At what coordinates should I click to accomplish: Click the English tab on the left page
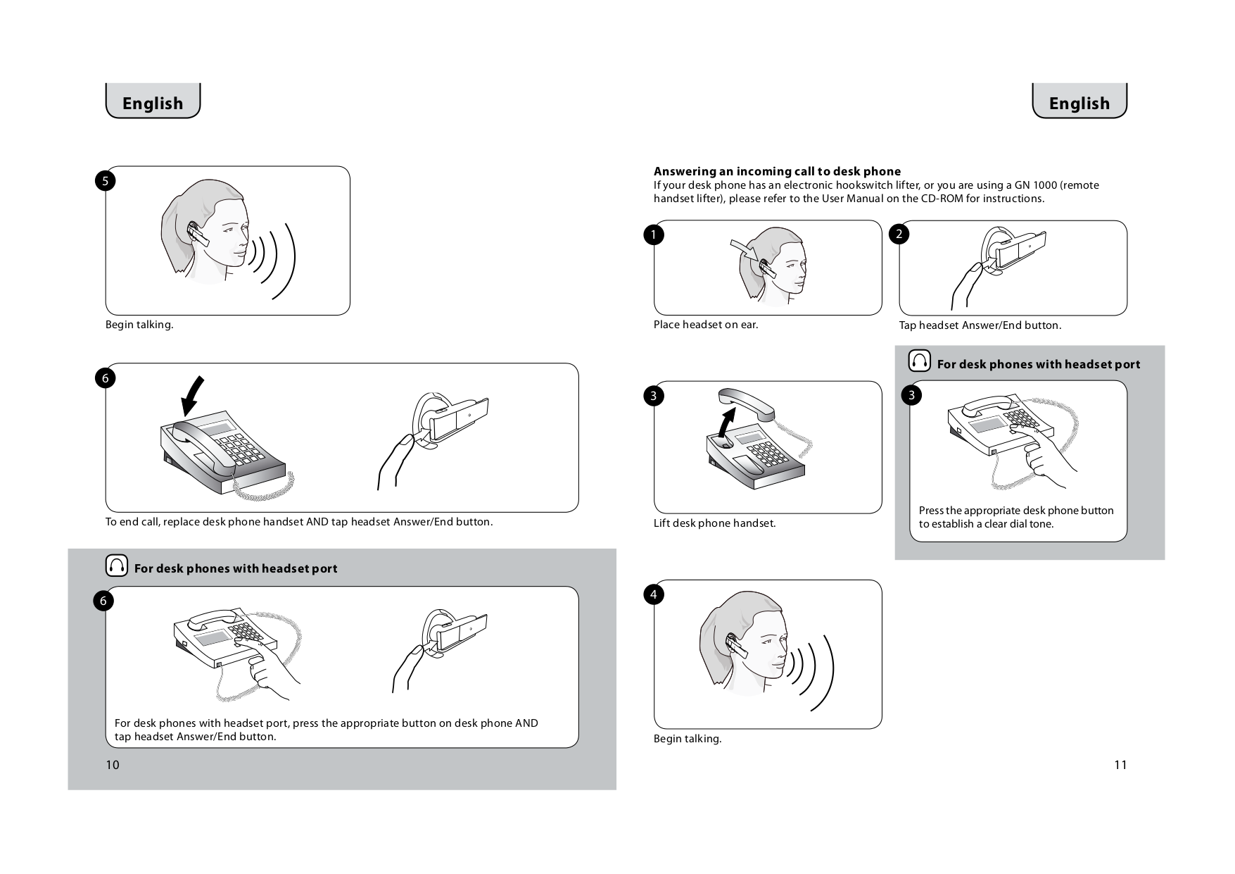coord(153,103)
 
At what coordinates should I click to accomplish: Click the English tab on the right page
coord(1079,103)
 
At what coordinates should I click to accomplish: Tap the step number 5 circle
coord(105,181)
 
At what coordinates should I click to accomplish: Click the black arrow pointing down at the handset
coord(192,396)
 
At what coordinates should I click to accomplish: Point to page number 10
coord(113,765)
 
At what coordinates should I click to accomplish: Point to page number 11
coord(1120,765)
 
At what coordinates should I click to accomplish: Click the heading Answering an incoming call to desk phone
coord(777,171)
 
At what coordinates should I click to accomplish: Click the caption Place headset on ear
coord(706,325)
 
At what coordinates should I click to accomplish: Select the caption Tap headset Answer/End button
coord(980,325)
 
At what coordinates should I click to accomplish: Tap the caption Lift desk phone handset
coord(714,523)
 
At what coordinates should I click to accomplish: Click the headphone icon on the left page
coord(117,566)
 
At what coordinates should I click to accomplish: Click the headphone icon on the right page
coord(919,361)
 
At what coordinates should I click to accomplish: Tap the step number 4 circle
coord(653,594)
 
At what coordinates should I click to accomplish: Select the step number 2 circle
coord(899,234)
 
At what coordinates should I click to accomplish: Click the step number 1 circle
coord(653,234)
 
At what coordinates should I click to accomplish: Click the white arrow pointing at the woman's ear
coord(742,249)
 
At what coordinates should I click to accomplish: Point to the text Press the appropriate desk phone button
coord(1015,511)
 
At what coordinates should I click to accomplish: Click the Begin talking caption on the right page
coord(688,739)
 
